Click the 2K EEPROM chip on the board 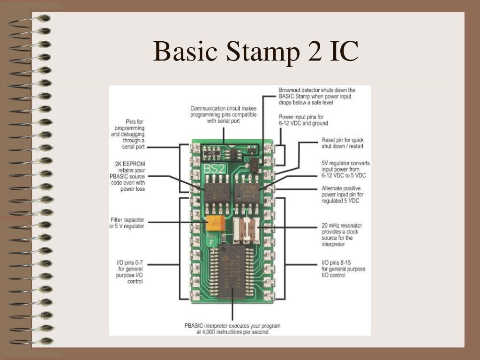pyautogui.click(x=217, y=193)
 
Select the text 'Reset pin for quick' pyautogui.click(x=342, y=140)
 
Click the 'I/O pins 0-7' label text pyautogui.click(x=129, y=263)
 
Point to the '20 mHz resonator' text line pyautogui.click(x=342, y=225)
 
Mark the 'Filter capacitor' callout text pyautogui.click(x=127, y=220)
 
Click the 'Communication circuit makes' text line pyautogui.click(x=223, y=108)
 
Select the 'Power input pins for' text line pyautogui.click(x=301, y=117)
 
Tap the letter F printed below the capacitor pyautogui.click(x=212, y=242)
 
